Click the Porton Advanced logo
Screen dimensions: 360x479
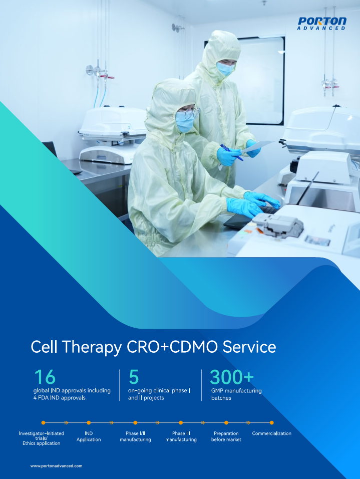coord(322,24)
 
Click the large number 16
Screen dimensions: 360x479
coord(45,377)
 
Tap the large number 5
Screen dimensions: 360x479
coord(134,377)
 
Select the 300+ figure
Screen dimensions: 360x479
coord(232,377)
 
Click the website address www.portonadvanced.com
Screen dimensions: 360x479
coord(56,466)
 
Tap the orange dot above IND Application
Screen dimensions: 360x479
coord(89,423)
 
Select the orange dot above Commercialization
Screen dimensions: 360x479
coord(272,423)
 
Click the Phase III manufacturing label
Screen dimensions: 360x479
coord(181,436)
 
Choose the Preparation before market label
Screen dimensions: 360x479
coord(226,436)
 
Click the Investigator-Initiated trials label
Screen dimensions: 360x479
coord(41,438)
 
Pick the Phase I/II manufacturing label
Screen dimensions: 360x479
coord(135,436)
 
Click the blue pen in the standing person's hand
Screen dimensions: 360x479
coord(231,152)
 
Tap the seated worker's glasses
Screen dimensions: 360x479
coord(190,114)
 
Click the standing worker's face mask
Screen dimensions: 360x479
coord(225,69)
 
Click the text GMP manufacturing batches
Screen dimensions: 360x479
coord(236,394)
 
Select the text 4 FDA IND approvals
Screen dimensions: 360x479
coord(59,398)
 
